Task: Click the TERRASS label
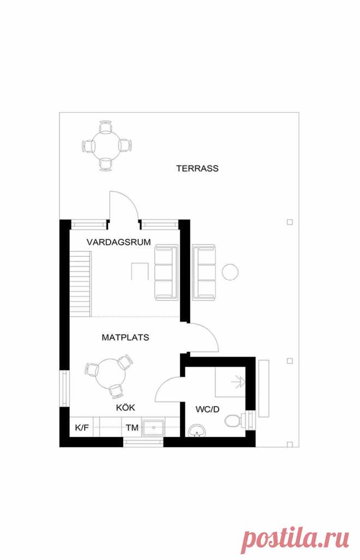pyautogui.click(x=197, y=168)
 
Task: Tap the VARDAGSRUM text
pyautogui.click(x=118, y=242)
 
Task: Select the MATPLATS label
pyautogui.click(x=125, y=337)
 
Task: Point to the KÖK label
pyautogui.click(x=125, y=407)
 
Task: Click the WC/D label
pyautogui.click(x=207, y=409)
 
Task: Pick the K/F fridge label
pyautogui.click(x=82, y=427)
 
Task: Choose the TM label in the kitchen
pyautogui.click(x=132, y=427)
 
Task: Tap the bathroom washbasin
pyautogui.click(x=197, y=430)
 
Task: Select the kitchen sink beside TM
pyautogui.click(x=154, y=427)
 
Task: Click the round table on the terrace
pyautogui.click(x=106, y=146)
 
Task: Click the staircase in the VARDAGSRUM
pyautogui.click(x=80, y=284)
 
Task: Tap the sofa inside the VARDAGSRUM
pyautogui.click(x=166, y=272)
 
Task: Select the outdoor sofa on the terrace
pyautogui.click(x=205, y=272)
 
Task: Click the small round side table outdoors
pyautogui.click(x=230, y=272)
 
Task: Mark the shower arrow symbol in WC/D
pyautogui.click(x=238, y=382)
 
